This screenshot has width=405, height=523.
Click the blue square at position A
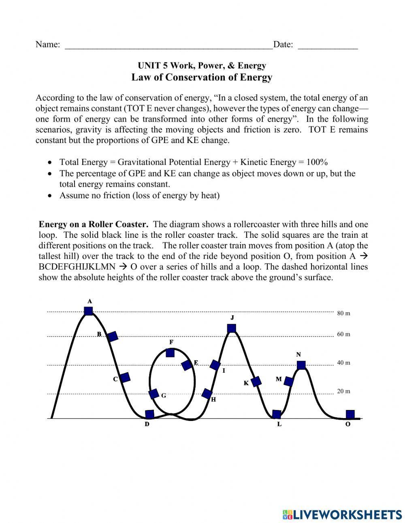88,311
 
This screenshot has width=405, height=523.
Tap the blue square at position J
232,328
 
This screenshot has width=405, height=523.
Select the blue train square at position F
171,353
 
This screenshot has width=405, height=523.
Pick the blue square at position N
301,365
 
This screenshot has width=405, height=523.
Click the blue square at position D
149,414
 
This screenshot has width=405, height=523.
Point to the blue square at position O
350,414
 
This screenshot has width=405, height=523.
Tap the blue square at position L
277,414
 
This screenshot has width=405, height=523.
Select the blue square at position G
153,393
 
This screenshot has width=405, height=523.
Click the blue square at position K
256,381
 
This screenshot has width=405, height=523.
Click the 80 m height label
343,313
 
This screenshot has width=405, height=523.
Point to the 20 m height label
343,391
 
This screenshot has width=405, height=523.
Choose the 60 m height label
343,334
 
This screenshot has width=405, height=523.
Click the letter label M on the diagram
279,379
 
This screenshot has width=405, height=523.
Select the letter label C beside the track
115,379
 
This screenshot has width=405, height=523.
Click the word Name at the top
48,45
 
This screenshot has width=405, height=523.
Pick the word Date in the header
283,45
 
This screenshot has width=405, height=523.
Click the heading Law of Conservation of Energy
202,77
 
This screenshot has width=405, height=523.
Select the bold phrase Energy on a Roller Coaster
94,224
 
